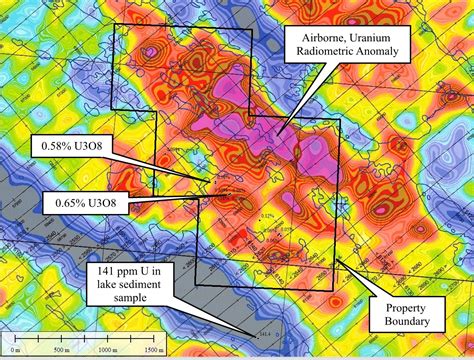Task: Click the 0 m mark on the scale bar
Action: click(x=22, y=349)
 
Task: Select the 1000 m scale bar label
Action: click(x=104, y=349)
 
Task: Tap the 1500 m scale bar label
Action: click(x=147, y=349)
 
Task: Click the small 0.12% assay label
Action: click(x=266, y=215)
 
